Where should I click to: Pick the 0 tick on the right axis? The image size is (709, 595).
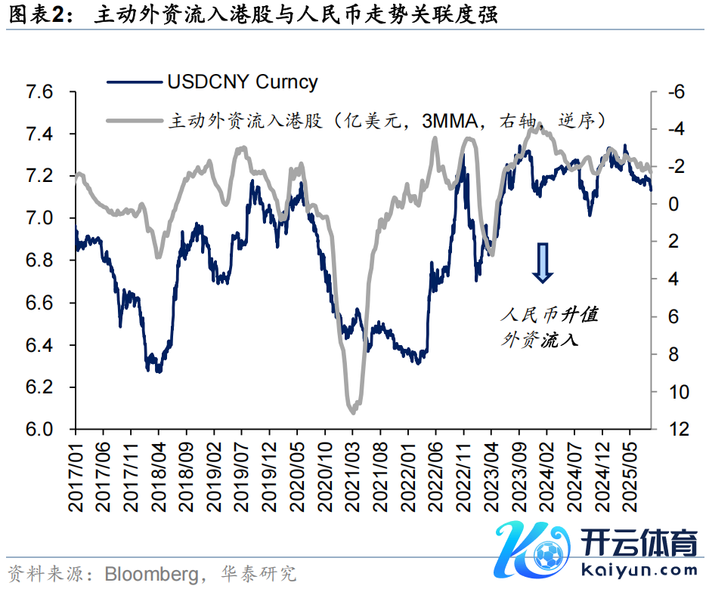tap(672, 204)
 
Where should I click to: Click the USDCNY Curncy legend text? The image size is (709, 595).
tap(242, 82)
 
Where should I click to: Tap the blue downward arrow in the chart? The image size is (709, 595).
tap(543, 263)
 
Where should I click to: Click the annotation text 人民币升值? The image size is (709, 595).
tap(550, 314)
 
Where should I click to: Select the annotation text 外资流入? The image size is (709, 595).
tap(540, 339)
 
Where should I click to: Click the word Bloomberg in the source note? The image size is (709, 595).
tap(151, 574)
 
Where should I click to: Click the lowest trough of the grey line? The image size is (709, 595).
tap(353, 412)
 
